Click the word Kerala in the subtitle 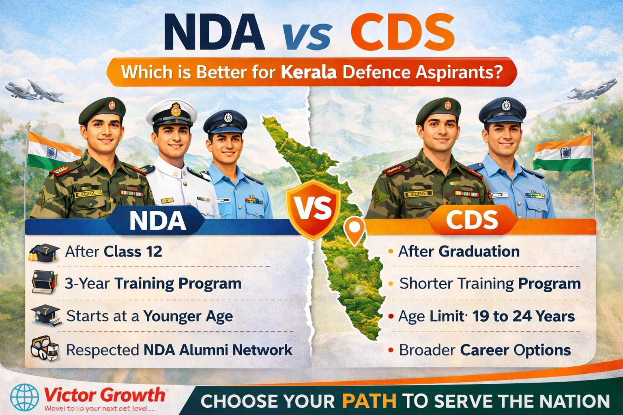[x=308, y=72]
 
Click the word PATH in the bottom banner [x=369, y=401]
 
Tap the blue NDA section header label [x=157, y=221]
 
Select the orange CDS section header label [x=472, y=220]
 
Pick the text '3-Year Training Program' [x=153, y=284]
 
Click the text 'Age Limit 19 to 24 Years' [x=486, y=316]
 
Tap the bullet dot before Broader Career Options [x=391, y=350]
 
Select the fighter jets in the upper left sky [x=34, y=92]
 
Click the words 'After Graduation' [x=459, y=251]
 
